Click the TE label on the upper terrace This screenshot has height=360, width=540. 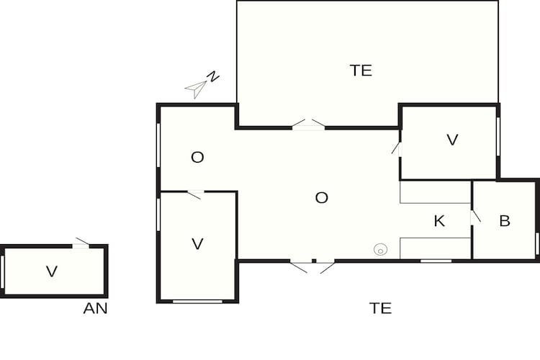coord(361,70)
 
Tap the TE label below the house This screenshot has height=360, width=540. coord(380,308)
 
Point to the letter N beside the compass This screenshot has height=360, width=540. coord(213,77)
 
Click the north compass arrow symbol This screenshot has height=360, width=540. coord(196,89)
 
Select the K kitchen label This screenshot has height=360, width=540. coord(439,221)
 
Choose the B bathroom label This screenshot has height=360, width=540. coord(505,221)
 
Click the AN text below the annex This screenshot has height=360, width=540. coord(95,309)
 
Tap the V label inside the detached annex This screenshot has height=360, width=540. coord(51,271)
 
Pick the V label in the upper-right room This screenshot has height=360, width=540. coord(452,140)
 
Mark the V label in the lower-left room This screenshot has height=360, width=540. coord(198,244)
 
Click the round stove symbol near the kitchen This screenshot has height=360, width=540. coord(380,250)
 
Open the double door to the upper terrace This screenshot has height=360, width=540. coord(309,125)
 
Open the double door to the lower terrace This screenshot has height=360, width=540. coord(312,265)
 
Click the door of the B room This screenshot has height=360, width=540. coord(475,216)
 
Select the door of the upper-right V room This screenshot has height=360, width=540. coord(397,148)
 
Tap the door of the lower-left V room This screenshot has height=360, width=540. coord(194,194)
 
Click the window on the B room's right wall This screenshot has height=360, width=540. coord(537,243)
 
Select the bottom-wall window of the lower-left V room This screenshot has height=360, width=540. coord(197,301)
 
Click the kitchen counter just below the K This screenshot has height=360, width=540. coord(435,247)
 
